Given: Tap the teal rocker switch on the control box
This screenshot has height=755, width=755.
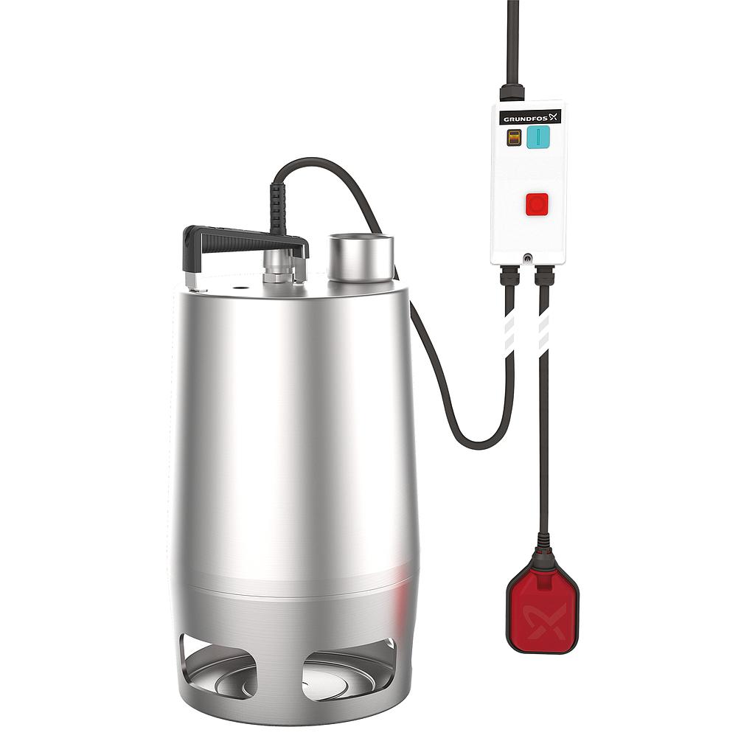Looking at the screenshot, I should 538,136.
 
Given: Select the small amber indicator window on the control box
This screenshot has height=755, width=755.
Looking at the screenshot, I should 514,138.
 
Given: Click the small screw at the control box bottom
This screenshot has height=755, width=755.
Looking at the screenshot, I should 528,258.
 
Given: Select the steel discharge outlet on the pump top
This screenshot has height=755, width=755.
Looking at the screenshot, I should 361,257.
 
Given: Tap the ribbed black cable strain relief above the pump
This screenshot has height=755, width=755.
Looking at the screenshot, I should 278,208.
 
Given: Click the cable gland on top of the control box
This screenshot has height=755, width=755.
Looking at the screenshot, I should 512,93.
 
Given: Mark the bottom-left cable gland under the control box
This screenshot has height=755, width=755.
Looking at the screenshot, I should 509,276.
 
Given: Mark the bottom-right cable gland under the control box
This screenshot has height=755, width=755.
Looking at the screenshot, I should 544,276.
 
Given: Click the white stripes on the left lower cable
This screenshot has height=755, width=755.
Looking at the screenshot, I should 509,331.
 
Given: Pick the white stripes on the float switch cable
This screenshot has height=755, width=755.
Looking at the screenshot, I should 544,331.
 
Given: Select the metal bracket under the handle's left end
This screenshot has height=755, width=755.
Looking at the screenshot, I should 191,279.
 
